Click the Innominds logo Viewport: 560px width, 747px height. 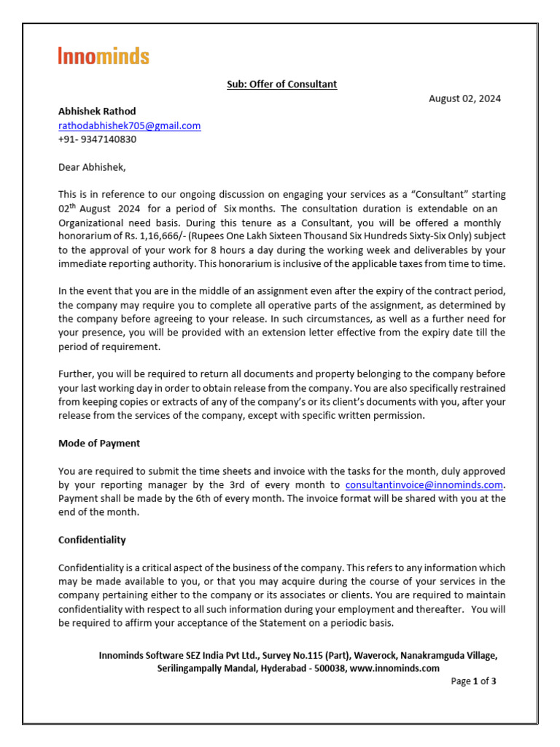pos(104,56)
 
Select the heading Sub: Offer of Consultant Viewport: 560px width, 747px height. pos(281,84)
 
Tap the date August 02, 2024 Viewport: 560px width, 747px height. pos(464,98)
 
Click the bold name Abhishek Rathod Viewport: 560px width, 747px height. pos(97,112)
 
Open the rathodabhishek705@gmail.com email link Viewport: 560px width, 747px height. pos(129,125)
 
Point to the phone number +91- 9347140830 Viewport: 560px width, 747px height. pos(97,139)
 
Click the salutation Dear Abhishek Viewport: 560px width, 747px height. pos(92,167)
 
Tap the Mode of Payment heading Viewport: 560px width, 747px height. pos(99,443)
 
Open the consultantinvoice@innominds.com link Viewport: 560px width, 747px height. pos(424,485)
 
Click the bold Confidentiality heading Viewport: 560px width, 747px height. pos(92,540)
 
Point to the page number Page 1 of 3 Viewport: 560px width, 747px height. pos(474,681)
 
